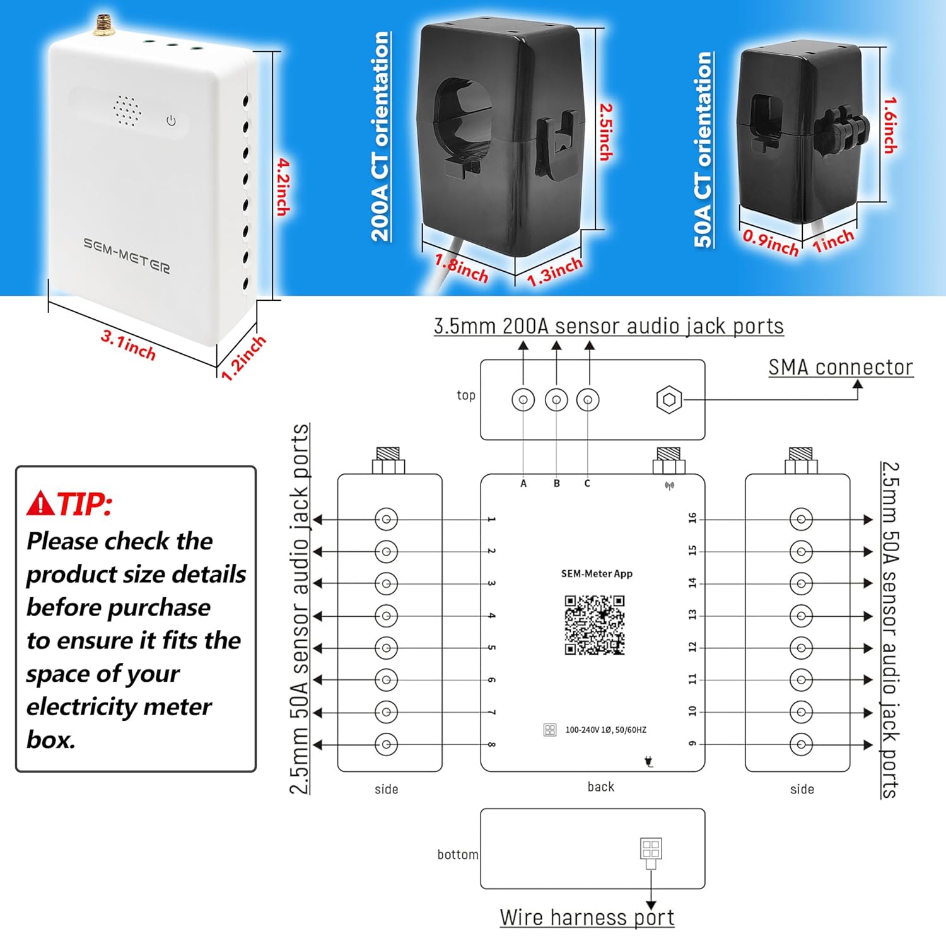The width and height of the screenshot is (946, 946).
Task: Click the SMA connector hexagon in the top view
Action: click(669, 400)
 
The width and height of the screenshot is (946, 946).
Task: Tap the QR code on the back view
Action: click(594, 625)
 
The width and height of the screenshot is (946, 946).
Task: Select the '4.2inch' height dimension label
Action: click(283, 187)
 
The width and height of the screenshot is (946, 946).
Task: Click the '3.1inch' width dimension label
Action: click(128, 345)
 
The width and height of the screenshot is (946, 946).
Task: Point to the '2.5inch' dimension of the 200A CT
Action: click(605, 131)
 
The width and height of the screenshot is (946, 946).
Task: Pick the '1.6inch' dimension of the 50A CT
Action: click(890, 125)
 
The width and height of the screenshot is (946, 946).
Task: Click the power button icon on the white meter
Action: click(171, 120)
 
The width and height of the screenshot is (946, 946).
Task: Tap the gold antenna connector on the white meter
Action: click(101, 25)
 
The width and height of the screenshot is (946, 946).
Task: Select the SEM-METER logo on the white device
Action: click(127, 255)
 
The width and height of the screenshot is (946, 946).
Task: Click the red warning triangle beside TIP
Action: click(41, 503)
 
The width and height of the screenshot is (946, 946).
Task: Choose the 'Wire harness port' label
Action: click(587, 918)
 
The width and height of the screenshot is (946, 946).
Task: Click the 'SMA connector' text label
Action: click(840, 367)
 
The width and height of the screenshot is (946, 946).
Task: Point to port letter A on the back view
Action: click(523, 484)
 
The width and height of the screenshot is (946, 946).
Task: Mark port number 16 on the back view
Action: click(692, 518)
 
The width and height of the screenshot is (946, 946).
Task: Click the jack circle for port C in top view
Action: click(588, 400)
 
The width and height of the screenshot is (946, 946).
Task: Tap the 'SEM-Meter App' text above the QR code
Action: click(597, 574)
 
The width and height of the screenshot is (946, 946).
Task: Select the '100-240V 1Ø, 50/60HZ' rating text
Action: click(605, 730)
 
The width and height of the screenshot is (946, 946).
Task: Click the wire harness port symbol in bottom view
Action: click(651, 849)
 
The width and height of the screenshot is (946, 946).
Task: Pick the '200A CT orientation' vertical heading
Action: click(380, 136)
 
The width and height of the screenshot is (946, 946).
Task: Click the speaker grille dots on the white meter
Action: click(127, 112)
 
